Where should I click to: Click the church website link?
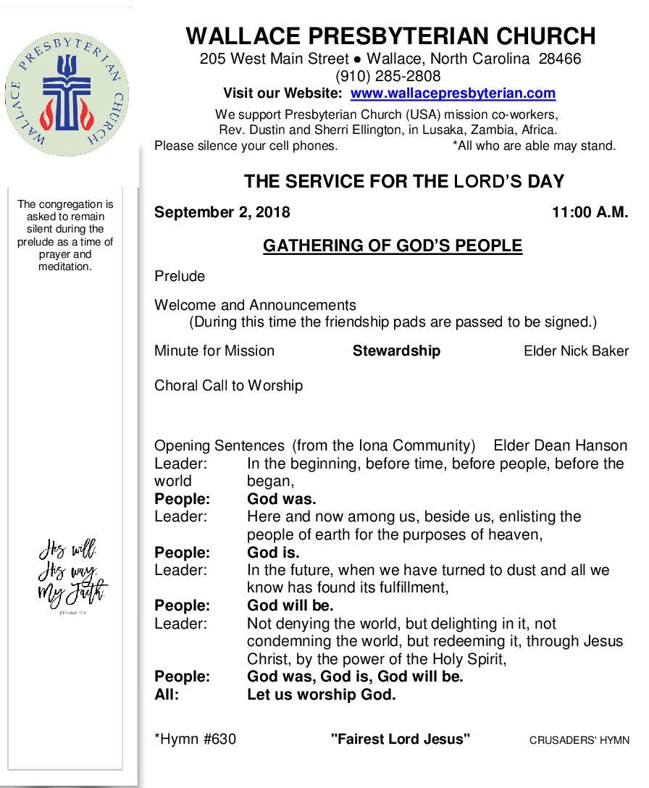click(x=453, y=93)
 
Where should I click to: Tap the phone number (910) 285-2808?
click(x=388, y=76)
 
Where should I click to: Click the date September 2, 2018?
click(x=222, y=212)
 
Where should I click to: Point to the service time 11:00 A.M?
click(x=590, y=212)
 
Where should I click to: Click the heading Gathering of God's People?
click(x=392, y=246)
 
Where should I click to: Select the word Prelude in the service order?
click(x=180, y=276)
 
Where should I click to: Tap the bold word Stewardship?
click(x=396, y=351)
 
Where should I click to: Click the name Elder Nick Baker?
click(x=576, y=351)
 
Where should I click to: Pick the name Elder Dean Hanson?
click(x=560, y=445)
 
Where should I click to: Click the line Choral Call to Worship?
click(x=228, y=385)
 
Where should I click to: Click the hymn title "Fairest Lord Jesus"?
click(x=401, y=739)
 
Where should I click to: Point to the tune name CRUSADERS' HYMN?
click(x=579, y=740)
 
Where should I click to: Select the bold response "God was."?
click(x=281, y=499)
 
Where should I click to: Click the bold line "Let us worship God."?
click(x=321, y=695)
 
